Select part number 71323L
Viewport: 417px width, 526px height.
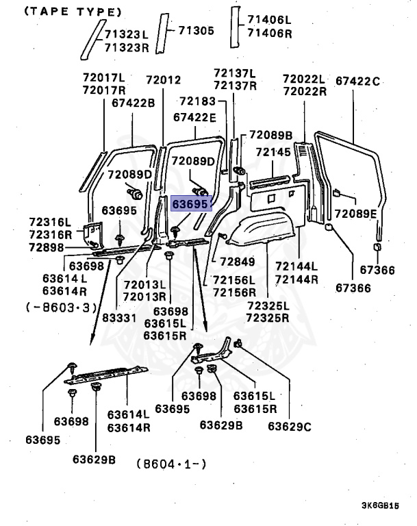click(x=126, y=34)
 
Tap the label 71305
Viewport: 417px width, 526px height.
click(x=196, y=30)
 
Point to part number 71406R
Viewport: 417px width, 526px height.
click(x=269, y=33)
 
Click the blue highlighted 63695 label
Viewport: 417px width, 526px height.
click(x=191, y=204)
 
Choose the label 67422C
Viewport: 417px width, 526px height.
click(x=357, y=81)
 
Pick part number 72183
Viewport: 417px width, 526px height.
click(x=197, y=101)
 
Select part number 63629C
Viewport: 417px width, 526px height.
click(x=289, y=426)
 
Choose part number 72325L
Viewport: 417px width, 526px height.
click(x=267, y=305)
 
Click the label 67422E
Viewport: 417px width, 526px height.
click(x=194, y=117)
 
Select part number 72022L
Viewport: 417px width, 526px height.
click(x=303, y=79)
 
